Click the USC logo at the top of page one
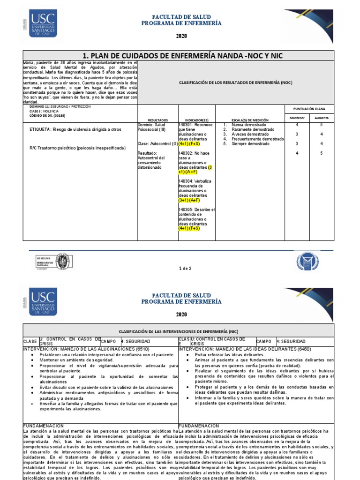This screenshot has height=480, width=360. pyautogui.click(x=43, y=24)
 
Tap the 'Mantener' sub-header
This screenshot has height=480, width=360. pyautogui.click(x=297, y=118)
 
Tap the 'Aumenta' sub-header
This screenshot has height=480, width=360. pyautogui.click(x=322, y=118)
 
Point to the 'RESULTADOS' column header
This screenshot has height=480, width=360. pyautogui.click(x=157, y=120)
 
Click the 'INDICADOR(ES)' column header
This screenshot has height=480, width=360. pyautogui.click(x=197, y=120)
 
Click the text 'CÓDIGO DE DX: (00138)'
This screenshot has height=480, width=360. pyautogui.click(x=47, y=115)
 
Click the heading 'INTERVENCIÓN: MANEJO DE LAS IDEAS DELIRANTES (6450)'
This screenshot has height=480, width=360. pyautogui.click(x=240, y=349)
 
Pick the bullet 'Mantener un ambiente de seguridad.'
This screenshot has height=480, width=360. pyautogui.click(x=77, y=360)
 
